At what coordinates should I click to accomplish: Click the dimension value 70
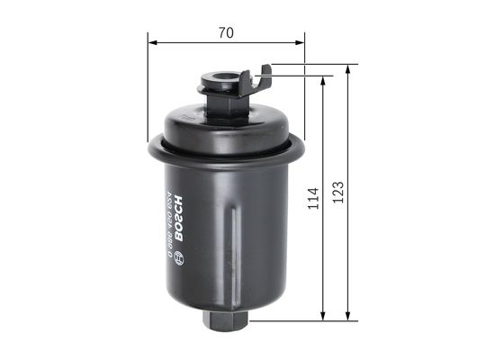point(225,32)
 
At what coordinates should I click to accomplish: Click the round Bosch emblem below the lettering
point(178,256)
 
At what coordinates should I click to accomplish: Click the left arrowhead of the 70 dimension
point(152,41)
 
